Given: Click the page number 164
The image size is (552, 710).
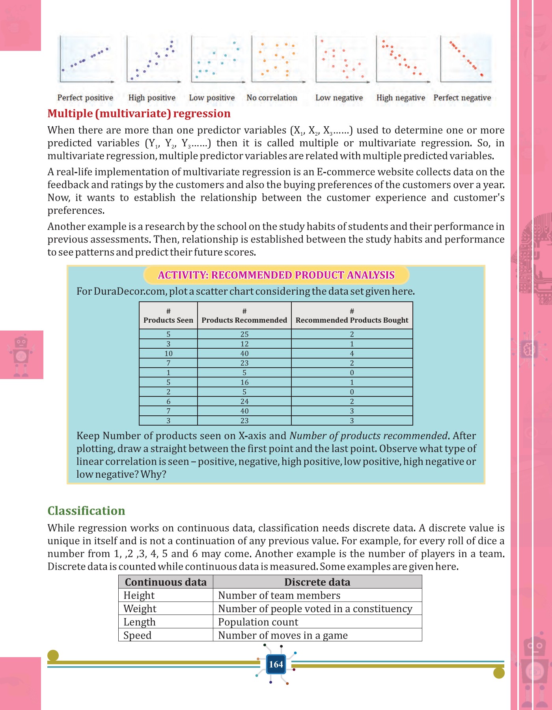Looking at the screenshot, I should coord(276,664).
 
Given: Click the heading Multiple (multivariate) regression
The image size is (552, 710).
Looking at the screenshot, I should coord(139,114).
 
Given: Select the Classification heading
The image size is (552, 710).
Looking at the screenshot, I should coord(86,511).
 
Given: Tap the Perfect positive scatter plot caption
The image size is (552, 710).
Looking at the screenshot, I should coord(85,98).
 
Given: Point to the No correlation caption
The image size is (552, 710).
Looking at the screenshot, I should coord(272,98).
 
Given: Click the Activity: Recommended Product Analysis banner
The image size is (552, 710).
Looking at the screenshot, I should coord(276,275).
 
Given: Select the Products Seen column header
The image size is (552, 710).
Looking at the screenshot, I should coord(168,316).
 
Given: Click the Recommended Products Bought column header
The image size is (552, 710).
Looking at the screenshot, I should coord(352,316).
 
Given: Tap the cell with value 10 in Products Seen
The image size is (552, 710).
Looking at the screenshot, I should coord(168,353).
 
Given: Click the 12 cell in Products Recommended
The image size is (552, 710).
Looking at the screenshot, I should coord(244,344).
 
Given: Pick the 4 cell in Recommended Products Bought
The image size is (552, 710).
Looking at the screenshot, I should coord(352,353).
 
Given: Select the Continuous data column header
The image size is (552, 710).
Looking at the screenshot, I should coord(166,582).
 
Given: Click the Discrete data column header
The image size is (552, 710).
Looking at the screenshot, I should coord(317,582).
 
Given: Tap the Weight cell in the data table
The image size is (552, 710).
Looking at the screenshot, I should coord(140,609).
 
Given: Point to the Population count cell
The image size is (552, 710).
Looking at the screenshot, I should coord(258,622).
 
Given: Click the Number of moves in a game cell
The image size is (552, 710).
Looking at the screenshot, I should coord(283,635).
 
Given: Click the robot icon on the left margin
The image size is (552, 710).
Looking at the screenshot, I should coord(21,355).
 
